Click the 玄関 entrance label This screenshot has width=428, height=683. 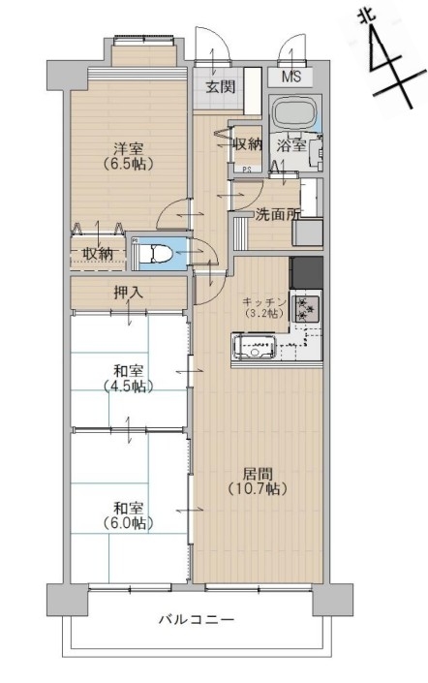tap(221, 87)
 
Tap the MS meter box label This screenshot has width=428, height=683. tap(290, 78)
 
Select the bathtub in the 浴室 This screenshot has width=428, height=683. tap(294, 112)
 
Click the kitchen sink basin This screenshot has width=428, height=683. tap(255, 347)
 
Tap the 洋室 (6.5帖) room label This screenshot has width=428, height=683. tap(128, 156)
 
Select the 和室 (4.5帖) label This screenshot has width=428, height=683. tap(128, 379)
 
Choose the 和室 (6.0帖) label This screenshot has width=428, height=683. tap(128, 515)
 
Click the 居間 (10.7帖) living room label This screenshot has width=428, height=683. tap(258, 481)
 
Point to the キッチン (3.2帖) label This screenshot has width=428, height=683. tap(264, 307)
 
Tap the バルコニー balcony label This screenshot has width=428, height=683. tap(197, 619)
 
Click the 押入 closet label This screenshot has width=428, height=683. tap(128, 293)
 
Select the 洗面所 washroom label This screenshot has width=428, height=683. tap(277, 214)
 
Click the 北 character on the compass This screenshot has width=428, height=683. tap(363, 17)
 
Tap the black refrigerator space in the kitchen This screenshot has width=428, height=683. tap(307, 272)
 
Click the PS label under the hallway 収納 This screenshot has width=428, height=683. tap(246, 171)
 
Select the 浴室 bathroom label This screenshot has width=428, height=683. tap(291, 145)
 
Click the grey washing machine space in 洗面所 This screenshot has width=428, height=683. tap(308, 233)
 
